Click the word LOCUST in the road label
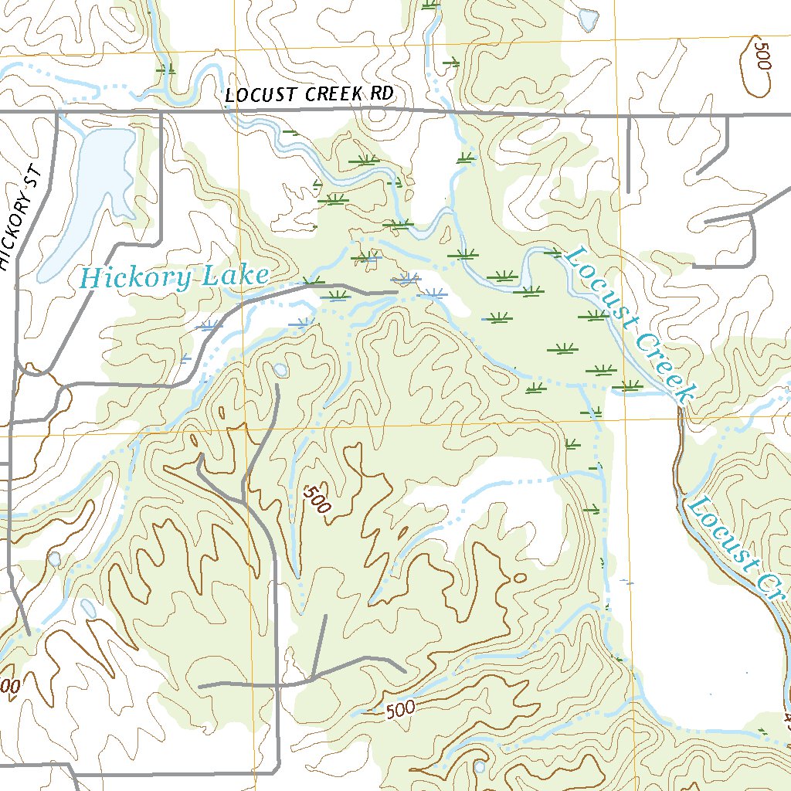click(261, 95)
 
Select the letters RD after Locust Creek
click(382, 93)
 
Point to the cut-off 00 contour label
click(9, 686)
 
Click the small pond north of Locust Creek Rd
click(589, 17)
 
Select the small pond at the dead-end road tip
click(280, 370)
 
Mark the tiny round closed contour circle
click(519, 576)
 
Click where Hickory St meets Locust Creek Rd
click(58, 112)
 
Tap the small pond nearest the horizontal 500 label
click(480, 766)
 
